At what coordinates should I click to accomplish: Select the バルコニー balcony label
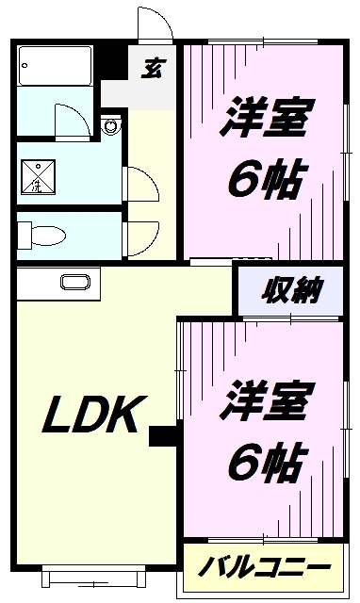pos(265,568)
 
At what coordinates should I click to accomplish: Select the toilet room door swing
pos(138,230)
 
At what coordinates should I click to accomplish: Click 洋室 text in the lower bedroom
pos(266,400)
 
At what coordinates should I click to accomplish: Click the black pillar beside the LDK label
pos(164,436)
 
